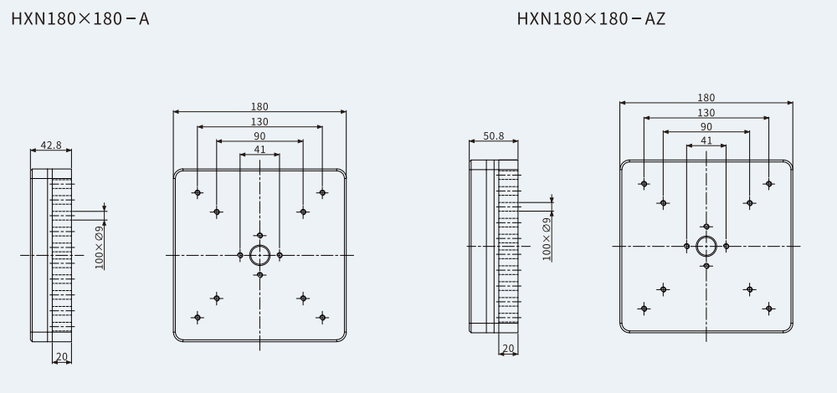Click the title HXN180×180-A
point(80,19)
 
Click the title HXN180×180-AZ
point(591,19)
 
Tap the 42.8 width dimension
point(51,145)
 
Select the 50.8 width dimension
point(493,136)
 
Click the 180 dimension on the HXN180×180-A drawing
point(259,107)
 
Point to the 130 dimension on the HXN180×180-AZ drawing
point(706,113)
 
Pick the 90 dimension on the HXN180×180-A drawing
point(259,136)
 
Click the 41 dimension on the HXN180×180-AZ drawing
point(706,140)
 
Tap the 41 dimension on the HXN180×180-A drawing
point(259,150)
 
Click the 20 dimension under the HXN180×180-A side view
point(62,357)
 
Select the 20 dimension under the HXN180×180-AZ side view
point(508,348)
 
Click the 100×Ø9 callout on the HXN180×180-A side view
point(100,248)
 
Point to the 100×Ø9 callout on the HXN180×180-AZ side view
point(547,239)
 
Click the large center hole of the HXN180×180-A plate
point(260,255)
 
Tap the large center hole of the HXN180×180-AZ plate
point(706,247)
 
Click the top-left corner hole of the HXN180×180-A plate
point(198,192)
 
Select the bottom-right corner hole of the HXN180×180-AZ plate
point(768,309)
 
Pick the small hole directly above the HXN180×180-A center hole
point(260,235)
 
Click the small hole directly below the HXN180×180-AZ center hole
point(706,266)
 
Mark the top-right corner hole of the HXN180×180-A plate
point(322,192)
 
